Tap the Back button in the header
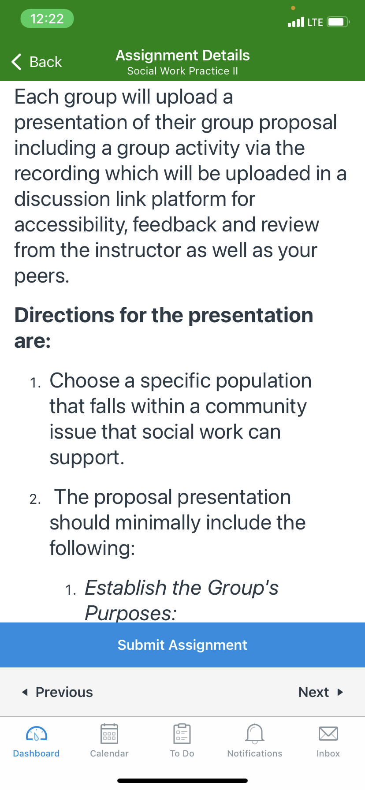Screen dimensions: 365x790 37,62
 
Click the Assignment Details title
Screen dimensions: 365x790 182,55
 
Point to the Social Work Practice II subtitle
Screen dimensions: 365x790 182,71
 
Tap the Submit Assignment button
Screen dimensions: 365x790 182,645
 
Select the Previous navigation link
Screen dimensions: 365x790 58,692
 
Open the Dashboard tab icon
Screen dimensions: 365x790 37,734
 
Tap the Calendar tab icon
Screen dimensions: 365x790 109,734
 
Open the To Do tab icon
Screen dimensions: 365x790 182,734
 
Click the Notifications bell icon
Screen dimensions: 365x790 255,733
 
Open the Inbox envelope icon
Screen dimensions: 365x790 328,734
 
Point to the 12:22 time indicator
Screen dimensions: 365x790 47,19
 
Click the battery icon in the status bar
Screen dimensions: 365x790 338,22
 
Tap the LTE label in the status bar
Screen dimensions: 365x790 315,22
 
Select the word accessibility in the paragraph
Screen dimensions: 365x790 71,225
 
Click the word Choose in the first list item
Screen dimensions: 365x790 84,380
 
